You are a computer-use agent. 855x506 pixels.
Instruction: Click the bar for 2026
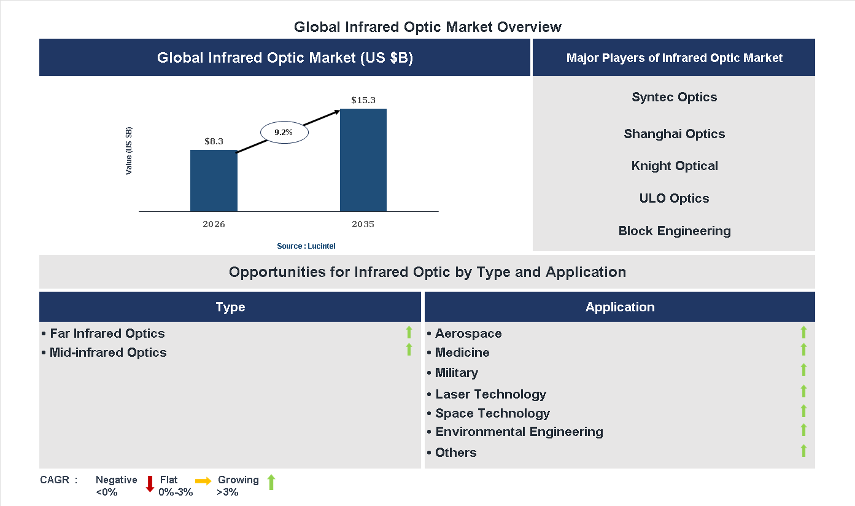coord(214,181)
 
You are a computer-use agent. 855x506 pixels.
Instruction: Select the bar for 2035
coord(363,160)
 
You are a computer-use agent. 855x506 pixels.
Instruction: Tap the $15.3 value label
coord(363,99)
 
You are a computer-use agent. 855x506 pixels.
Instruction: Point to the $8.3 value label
coord(214,141)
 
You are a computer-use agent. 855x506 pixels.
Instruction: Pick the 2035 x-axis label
coord(363,224)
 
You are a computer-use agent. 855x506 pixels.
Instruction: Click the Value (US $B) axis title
coord(129,151)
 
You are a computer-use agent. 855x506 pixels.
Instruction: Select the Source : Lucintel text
coord(306,246)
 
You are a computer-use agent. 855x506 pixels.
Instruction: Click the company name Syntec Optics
coord(674,97)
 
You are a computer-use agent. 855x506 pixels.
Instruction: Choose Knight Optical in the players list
coord(674,166)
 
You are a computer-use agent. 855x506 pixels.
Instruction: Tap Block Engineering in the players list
coord(674,231)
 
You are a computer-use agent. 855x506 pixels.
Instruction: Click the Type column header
coord(230,307)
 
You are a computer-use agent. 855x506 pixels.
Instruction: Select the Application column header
coord(619,307)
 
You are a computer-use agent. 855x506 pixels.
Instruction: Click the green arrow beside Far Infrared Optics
coord(409,333)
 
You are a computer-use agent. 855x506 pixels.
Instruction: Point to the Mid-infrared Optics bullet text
coord(108,352)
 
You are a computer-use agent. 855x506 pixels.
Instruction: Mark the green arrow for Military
coord(803,370)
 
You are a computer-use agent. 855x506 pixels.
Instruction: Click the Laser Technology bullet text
coord(490,394)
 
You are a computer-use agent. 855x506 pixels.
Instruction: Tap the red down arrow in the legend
coord(150,484)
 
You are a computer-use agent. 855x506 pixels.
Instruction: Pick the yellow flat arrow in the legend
coord(203,481)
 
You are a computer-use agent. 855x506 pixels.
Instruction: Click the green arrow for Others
coord(803,451)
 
